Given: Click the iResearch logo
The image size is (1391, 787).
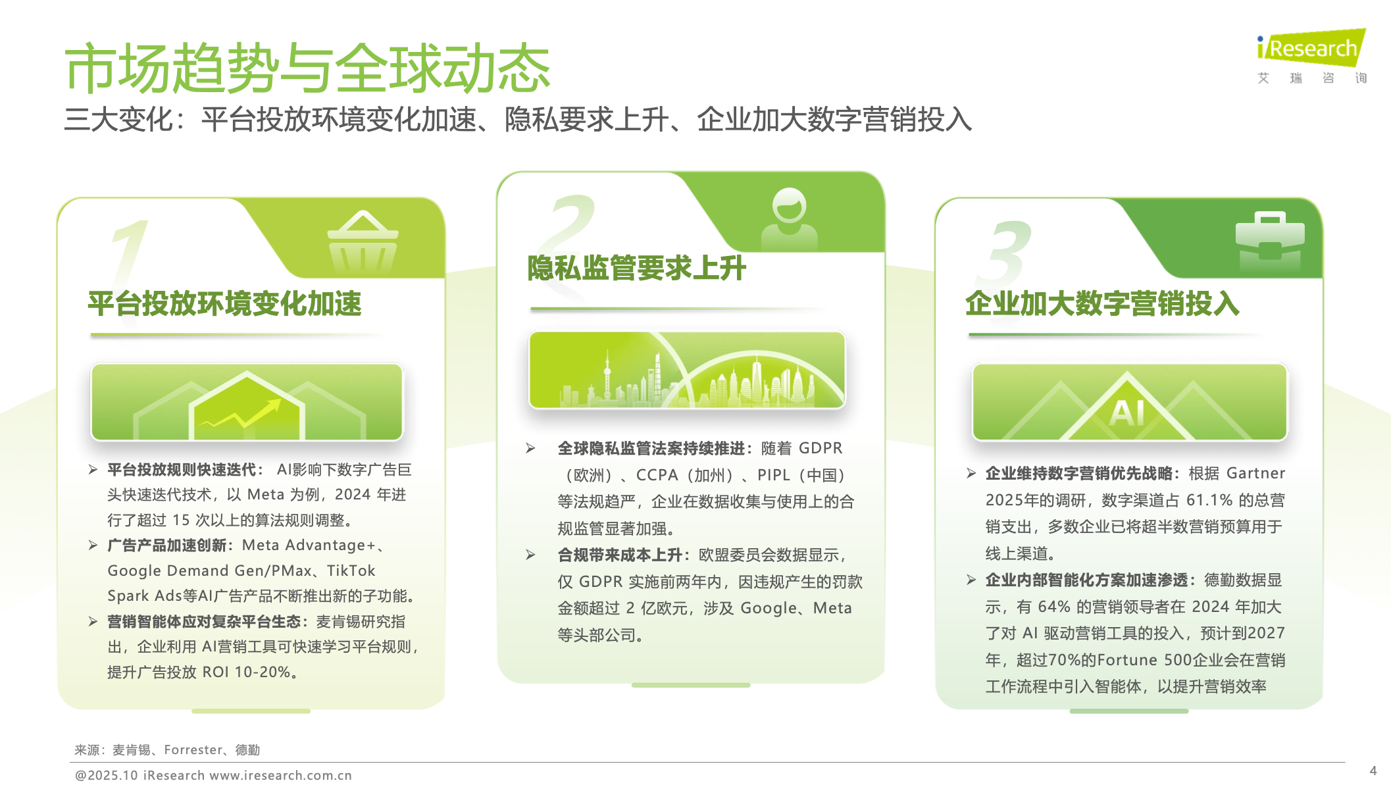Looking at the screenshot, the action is pyautogui.click(x=1311, y=56).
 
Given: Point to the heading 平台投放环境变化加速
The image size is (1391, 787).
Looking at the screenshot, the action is pyautogui.click(x=225, y=304).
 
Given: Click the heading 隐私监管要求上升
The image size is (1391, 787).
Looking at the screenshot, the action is pyautogui.click(x=637, y=268).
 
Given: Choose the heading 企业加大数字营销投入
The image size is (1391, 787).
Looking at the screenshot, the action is pyautogui.click(x=1103, y=304).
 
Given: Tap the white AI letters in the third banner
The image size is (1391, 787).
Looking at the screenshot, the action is pyautogui.click(x=1127, y=413).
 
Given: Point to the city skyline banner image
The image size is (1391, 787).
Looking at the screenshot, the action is pyautogui.click(x=687, y=370).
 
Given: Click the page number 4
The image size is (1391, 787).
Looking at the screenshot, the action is pyautogui.click(x=1373, y=771).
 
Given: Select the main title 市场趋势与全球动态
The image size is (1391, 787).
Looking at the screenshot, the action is pyautogui.click(x=307, y=68).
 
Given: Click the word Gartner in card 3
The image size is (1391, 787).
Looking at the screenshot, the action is pyautogui.click(x=1256, y=473).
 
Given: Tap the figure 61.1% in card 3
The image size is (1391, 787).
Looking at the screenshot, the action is pyautogui.click(x=1209, y=500).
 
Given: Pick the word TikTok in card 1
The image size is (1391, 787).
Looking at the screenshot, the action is pyautogui.click(x=351, y=571).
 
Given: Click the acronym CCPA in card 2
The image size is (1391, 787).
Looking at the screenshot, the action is pyautogui.click(x=657, y=475).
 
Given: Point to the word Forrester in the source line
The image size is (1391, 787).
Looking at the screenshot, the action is pyautogui.click(x=193, y=750).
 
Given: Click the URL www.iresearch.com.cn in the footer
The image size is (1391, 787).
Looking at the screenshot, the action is pyautogui.click(x=281, y=775).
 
